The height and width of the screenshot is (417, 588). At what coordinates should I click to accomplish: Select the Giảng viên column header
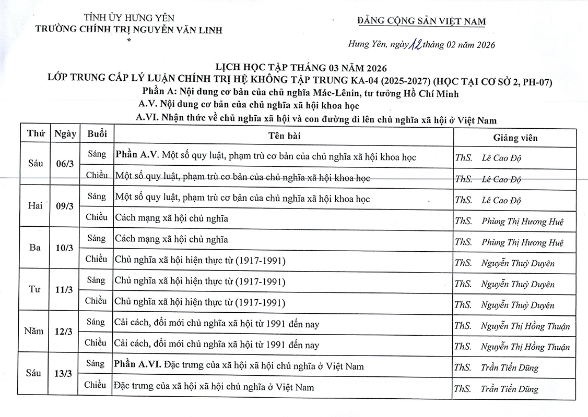coord(515,138)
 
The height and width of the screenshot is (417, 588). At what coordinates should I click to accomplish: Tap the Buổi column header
coord(97,134)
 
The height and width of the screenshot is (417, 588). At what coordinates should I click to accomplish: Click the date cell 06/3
coord(65,164)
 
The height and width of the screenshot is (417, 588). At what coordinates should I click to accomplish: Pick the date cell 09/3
coord(65,206)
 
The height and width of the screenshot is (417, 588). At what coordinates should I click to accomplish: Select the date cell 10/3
coord(64,248)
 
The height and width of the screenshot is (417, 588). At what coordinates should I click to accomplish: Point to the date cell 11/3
coord(64,290)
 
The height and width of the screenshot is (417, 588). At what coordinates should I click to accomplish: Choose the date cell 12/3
coord(64,332)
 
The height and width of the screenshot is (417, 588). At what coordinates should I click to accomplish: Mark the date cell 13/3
coord(64,374)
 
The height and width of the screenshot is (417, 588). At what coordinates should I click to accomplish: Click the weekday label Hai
coord(36,205)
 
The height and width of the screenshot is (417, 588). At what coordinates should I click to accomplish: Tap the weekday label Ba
coord(36,248)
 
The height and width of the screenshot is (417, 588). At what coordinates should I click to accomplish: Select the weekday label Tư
coord(36,289)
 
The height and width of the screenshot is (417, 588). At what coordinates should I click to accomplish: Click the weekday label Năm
coord(34,331)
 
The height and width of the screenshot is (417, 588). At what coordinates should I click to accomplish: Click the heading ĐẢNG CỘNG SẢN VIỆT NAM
coord(421,21)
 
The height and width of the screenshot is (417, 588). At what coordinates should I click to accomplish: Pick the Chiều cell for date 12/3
coord(96,342)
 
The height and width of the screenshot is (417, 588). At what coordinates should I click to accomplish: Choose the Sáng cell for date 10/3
coord(97,238)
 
